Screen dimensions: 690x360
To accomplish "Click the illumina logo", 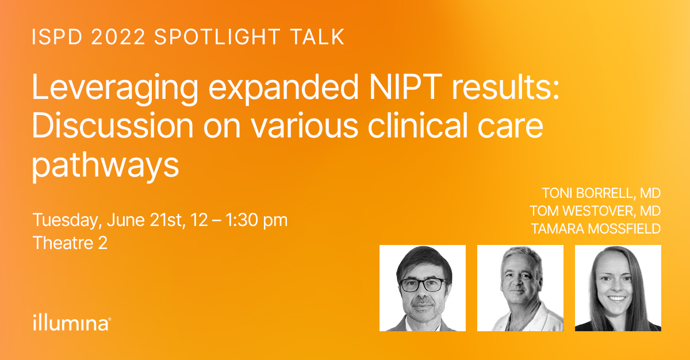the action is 72,323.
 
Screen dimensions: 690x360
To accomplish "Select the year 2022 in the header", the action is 118,37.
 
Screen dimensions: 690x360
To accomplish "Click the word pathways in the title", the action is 105,166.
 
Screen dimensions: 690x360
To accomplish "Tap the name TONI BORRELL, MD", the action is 601,193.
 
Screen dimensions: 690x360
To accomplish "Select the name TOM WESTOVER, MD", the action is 595,211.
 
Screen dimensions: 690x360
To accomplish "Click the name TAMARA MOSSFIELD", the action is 596,229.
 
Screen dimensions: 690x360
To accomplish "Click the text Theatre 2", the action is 70,243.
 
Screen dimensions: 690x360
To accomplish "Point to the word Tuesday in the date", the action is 67,220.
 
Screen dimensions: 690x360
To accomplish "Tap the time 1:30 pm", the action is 256,220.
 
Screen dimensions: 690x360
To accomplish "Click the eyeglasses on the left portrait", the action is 423,285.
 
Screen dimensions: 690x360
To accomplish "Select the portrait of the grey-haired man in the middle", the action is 520,288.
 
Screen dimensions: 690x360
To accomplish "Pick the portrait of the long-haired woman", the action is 618,288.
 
